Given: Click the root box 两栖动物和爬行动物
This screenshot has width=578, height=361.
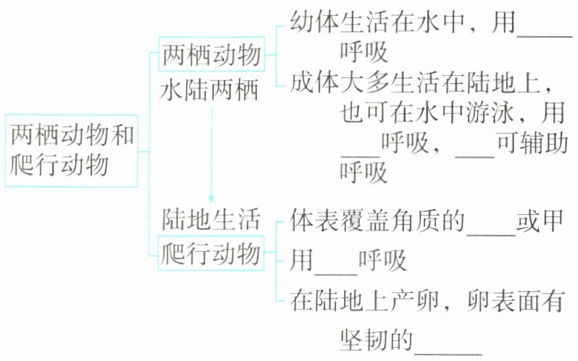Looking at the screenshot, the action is point(70,150).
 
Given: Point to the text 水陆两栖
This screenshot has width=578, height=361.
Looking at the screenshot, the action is point(210,92).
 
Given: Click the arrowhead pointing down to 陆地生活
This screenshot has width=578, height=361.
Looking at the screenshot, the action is point(210,197).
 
